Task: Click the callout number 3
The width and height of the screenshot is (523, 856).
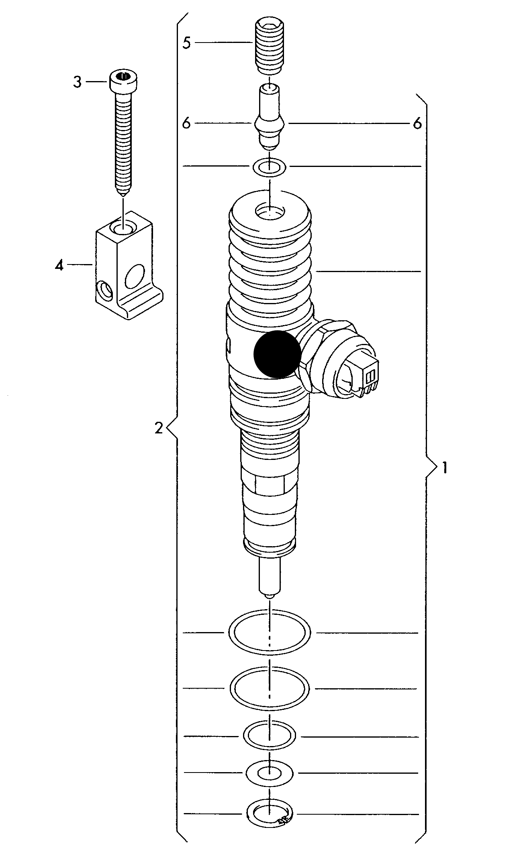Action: point(77,82)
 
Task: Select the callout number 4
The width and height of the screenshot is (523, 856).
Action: point(59,265)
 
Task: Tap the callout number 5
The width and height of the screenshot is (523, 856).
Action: point(186,43)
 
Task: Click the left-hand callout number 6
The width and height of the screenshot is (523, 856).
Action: point(186,124)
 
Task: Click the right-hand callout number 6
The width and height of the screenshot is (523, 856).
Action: point(417,124)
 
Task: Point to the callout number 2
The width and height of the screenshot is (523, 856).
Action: point(159,429)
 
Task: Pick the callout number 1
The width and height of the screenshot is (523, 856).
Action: point(444,468)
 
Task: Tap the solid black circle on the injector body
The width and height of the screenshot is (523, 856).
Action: point(277,354)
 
